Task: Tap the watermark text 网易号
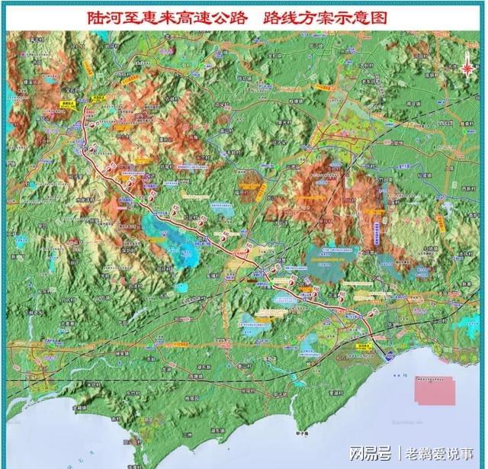(370, 454)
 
